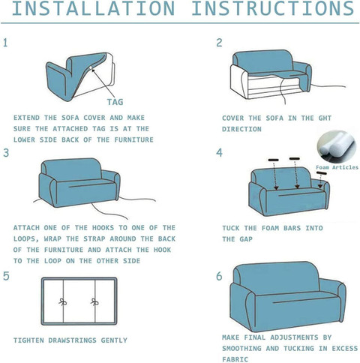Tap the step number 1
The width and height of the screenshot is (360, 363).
[6, 43]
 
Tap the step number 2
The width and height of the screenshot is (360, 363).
[219, 43]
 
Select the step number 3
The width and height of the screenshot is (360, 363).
[6, 153]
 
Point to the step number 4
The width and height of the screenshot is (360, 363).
[219, 153]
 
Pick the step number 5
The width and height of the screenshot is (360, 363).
[6, 276]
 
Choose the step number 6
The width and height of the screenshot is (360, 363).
[219, 276]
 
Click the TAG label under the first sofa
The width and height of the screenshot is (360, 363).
[115, 103]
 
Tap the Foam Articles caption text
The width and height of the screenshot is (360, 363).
[337, 167]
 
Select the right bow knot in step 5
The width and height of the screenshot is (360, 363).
[95, 303]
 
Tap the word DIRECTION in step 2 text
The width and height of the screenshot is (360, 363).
[242, 129]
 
